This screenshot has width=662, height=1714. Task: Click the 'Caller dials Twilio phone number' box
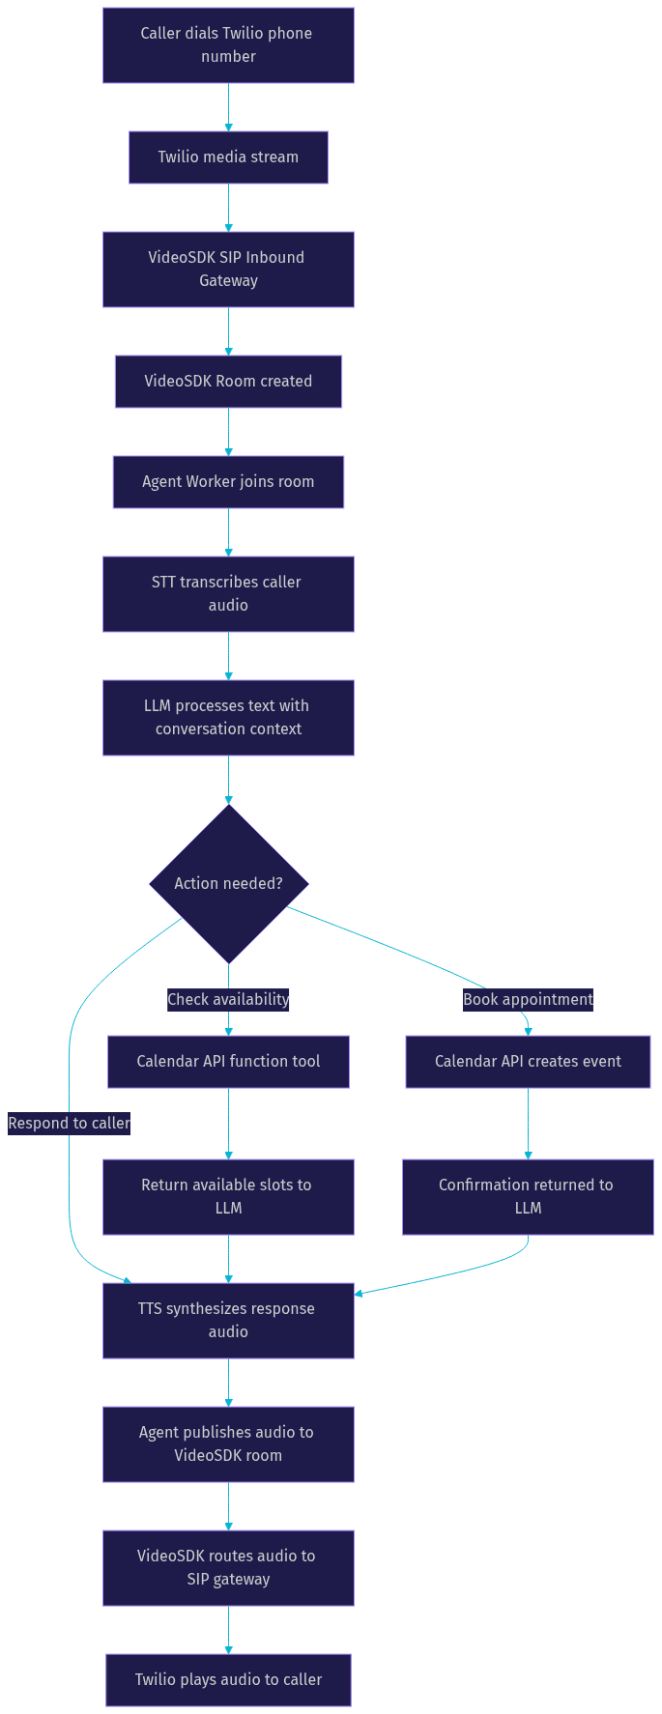click(x=228, y=45)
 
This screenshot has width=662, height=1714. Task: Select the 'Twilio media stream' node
click(x=228, y=157)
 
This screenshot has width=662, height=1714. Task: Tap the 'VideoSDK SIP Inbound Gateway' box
click(x=228, y=270)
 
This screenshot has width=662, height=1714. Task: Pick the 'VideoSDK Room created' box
click(x=228, y=382)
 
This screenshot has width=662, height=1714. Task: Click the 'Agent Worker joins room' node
click(x=228, y=482)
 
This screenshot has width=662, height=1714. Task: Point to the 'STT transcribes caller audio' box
click(x=228, y=594)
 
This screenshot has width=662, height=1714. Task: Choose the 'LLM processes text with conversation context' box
click(x=228, y=718)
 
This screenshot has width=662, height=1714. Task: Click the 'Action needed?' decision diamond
click(x=229, y=884)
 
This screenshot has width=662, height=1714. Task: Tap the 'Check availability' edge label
click(x=228, y=1000)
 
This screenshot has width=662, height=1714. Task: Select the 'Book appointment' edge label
click(x=528, y=1000)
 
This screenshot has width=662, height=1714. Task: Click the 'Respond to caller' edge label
click(x=69, y=1124)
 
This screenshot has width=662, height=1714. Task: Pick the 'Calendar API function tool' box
click(x=228, y=1062)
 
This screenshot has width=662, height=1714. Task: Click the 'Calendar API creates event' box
click(x=528, y=1062)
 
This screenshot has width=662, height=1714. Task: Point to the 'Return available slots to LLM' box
click(x=228, y=1197)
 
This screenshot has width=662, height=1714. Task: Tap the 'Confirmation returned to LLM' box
click(x=528, y=1197)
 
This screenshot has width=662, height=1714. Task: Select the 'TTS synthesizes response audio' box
click(x=228, y=1321)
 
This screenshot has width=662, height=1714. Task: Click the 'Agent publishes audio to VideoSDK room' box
click(x=228, y=1444)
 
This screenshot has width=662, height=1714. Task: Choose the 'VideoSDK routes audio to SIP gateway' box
click(x=228, y=1568)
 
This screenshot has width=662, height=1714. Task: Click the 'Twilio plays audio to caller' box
click(x=228, y=1680)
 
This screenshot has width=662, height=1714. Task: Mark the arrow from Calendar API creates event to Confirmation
click(x=528, y=1124)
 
